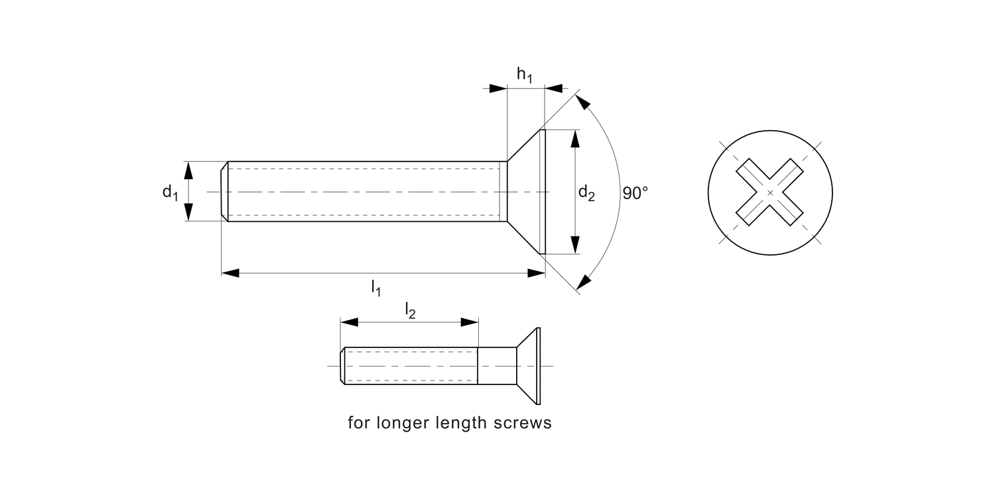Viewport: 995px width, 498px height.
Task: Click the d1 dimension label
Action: pyautogui.click(x=170, y=193)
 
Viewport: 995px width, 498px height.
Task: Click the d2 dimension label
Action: pyautogui.click(x=586, y=193)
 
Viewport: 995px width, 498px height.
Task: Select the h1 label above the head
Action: pyautogui.click(x=525, y=76)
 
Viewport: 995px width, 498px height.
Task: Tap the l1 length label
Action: pyautogui.click(x=375, y=288)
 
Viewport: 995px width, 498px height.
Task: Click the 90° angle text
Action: pyautogui.click(x=635, y=193)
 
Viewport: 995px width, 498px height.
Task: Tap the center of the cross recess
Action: pyautogui.click(x=770, y=193)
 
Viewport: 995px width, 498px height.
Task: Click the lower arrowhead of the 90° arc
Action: pyautogui.click(x=583, y=282)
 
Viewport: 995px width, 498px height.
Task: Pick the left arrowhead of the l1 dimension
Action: pyautogui.click(x=230, y=273)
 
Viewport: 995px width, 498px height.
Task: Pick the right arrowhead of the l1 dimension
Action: pyautogui.click(x=536, y=273)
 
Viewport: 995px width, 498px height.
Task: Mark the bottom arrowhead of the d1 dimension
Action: pyautogui.click(x=188, y=212)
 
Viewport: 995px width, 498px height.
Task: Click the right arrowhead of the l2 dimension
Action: pyautogui.click(x=470, y=322)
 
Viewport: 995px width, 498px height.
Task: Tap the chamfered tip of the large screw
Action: pyautogui.click(x=225, y=192)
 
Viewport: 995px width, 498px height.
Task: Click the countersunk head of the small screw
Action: pyautogui.click(x=529, y=366)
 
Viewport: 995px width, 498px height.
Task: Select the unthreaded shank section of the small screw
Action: pyautogui.click(x=497, y=366)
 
